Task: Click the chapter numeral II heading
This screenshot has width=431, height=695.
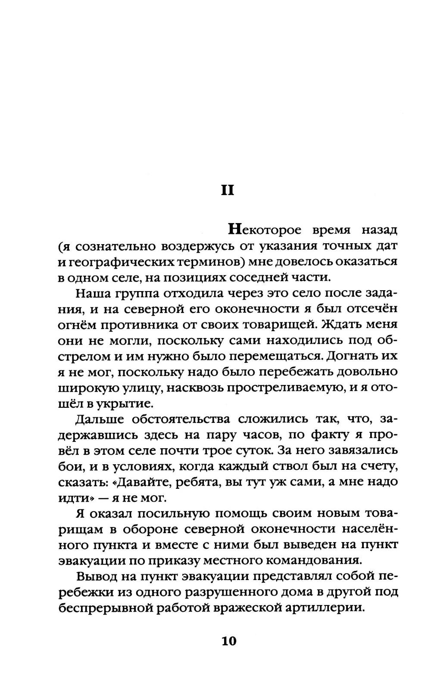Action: [227, 190]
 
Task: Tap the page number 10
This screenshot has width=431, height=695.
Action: [229, 641]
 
